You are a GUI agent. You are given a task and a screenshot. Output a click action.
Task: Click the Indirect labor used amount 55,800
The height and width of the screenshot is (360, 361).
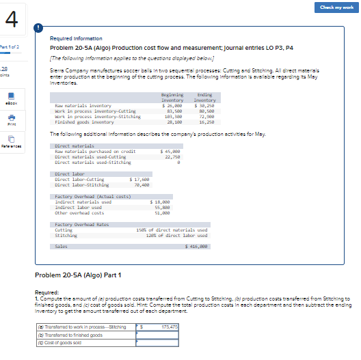tap(170, 208)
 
